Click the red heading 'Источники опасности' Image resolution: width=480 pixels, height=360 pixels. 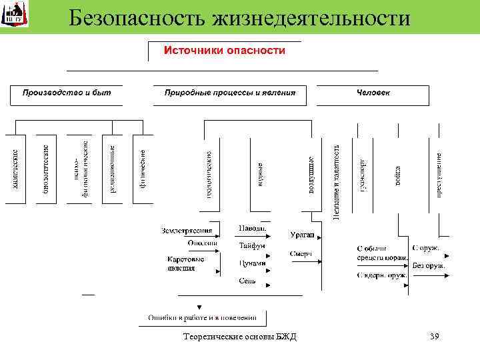coord(225,51)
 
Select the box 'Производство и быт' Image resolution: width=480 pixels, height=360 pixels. coord(67,92)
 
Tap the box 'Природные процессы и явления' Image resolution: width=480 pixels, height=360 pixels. coord(230,92)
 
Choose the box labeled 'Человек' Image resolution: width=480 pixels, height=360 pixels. coord(373,92)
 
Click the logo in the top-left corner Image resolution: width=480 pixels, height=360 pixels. coord(14,14)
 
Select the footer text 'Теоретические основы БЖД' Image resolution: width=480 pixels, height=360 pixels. coord(240,337)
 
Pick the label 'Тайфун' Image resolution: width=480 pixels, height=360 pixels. coord(252,245)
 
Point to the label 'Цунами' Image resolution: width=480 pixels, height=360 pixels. coord(252,263)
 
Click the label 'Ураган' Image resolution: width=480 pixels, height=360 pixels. coord(303,235)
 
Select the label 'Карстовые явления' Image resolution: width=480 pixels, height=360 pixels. coord(181,264)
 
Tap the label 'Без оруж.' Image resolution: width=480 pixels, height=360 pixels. coord(429,265)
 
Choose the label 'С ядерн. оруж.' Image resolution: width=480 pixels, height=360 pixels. coord(382,274)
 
